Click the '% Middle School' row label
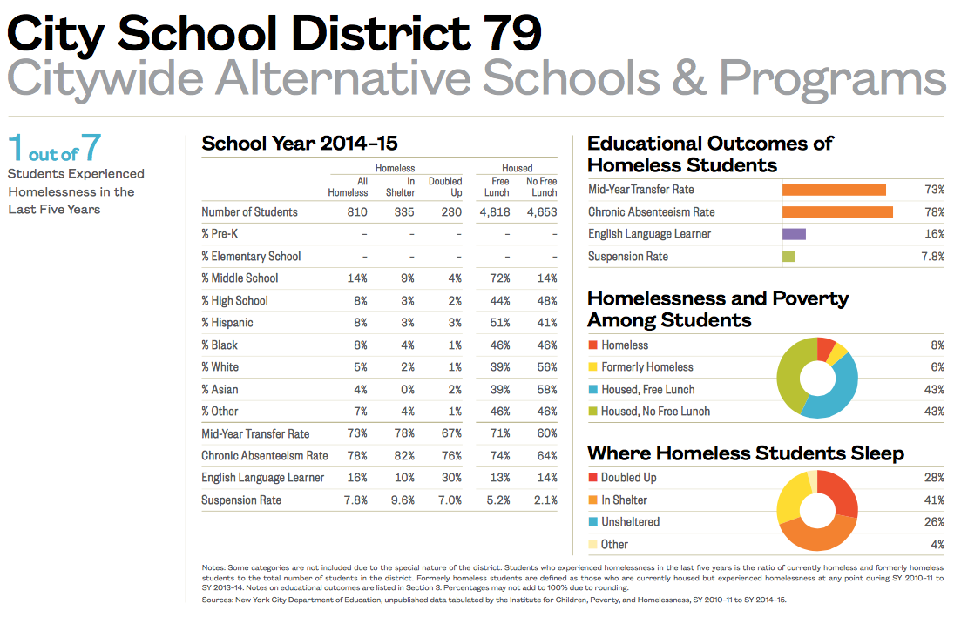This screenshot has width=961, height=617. coord(240,278)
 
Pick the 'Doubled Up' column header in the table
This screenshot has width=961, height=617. coord(445,187)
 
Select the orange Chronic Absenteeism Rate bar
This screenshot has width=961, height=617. coord(837,212)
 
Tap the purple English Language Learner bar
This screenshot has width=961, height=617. coord(794,234)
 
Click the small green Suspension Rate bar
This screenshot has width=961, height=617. coord(788,257)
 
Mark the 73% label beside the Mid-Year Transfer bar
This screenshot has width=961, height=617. coord(934,190)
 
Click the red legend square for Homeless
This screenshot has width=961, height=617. coord(592,345)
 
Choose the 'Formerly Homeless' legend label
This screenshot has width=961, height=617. coord(646,367)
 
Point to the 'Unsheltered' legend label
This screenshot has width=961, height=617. coord(630,522)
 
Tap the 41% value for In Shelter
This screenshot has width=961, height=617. coord(934,500)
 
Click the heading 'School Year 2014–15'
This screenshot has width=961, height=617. coord(299,144)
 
